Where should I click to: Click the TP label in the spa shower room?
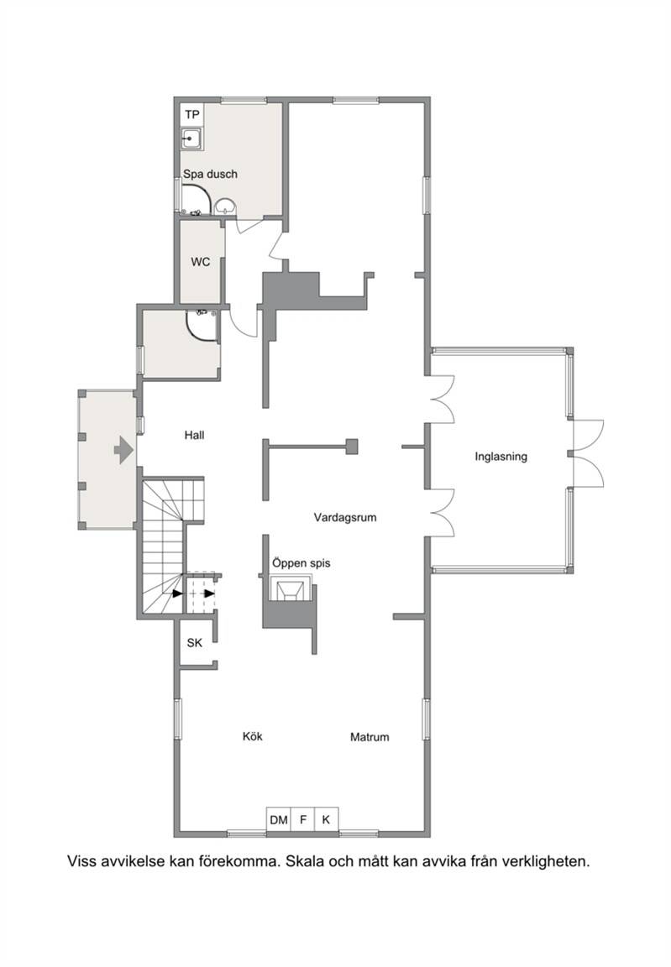tap(192, 115)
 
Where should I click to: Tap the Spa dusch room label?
tap(210, 174)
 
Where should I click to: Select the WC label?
tap(201, 262)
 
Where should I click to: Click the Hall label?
tap(194, 436)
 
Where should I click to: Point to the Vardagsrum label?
tap(345, 517)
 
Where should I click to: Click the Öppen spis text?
tap(301, 562)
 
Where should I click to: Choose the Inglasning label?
tap(501, 457)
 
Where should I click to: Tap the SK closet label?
tap(194, 643)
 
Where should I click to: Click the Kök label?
tap(253, 736)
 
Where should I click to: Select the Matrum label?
tap(370, 737)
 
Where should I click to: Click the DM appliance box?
tap(279, 819)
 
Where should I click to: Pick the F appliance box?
tap(303, 819)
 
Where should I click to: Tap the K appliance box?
tap(327, 819)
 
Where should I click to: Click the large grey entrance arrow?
tap(123, 450)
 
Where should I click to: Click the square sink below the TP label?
tap(191, 139)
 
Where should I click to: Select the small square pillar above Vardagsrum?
tap(352, 446)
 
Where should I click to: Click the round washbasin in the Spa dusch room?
tap(227, 206)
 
